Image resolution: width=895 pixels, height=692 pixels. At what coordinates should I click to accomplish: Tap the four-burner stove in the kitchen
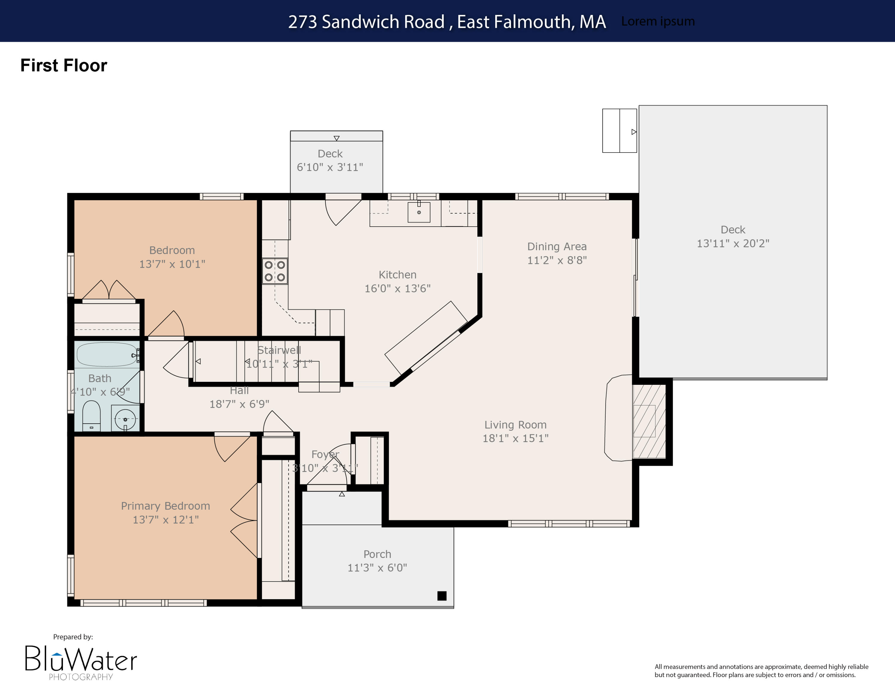(x=274, y=271)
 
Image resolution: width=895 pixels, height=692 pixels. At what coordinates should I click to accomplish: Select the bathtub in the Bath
(x=107, y=354)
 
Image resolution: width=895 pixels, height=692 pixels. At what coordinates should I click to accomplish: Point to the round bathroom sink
(x=125, y=419)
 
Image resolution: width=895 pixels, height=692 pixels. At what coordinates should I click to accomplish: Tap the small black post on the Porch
(x=442, y=595)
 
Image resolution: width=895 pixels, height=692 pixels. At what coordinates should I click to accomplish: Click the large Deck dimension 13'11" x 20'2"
(x=733, y=243)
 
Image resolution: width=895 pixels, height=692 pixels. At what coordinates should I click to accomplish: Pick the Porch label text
(x=377, y=554)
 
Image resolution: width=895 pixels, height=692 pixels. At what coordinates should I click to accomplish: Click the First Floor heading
(x=64, y=65)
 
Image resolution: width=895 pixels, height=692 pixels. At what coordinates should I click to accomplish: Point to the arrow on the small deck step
(x=337, y=138)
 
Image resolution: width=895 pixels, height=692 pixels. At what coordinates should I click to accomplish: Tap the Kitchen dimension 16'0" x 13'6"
(x=397, y=288)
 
